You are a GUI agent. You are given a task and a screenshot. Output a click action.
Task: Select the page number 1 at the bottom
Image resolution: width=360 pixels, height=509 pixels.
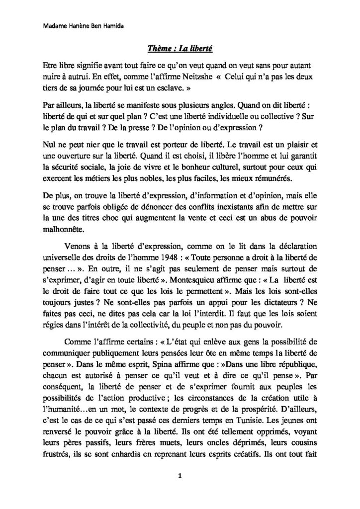[x=180, y=477]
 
